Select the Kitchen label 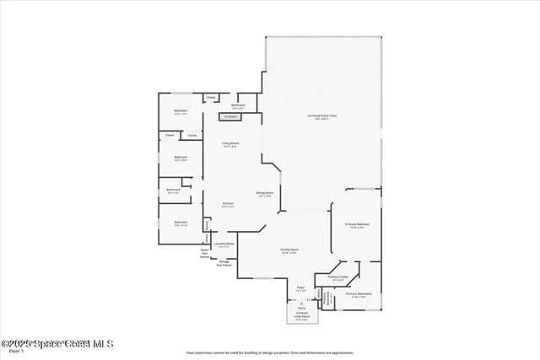tap(228, 204)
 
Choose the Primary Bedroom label tap(357, 225)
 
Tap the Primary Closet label tap(338, 277)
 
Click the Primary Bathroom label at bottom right tap(359, 294)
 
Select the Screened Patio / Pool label tap(321, 116)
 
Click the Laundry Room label tap(224, 244)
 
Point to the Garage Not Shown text tap(224, 263)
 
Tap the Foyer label tap(300, 289)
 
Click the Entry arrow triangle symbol tap(300, 302)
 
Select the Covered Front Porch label tap(301, 316)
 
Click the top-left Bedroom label tap(181, 111)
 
